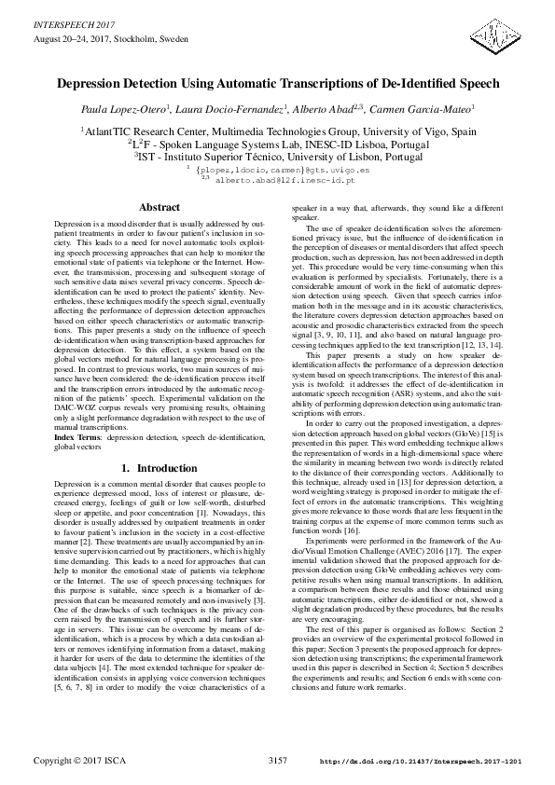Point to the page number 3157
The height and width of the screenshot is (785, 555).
pyautogui.click(x=277, y=762)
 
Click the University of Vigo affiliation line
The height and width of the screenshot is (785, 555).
pyautogui.click(x=277, y=131)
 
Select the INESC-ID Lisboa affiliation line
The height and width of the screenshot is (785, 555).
pyautogui.click(x=277, y=145)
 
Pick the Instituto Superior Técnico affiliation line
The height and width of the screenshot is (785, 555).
pyautogui.click(x=277, y=158)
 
